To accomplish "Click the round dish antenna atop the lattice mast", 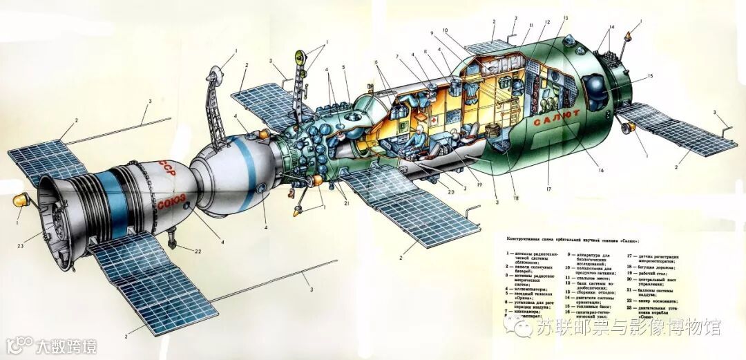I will click(x=215, y=71).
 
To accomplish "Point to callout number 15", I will click(x=649, y=76).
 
